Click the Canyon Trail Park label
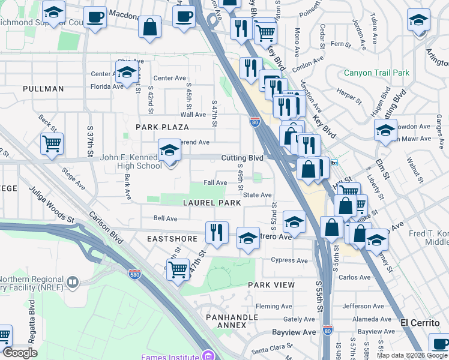click(x=376, y=73)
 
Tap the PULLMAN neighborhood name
click(x=43, y=89)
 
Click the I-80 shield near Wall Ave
click(x=255, y=122)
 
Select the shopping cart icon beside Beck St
click(x=52, y=144)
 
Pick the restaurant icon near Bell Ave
click(x=217, y=232)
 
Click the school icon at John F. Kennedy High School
click(x=169, y=150)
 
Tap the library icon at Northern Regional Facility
click(x=72, y=281)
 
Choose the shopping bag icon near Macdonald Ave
click(x=149, y=27)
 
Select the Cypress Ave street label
click(x=289, y=260)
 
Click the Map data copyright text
click(x=412, y=355)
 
